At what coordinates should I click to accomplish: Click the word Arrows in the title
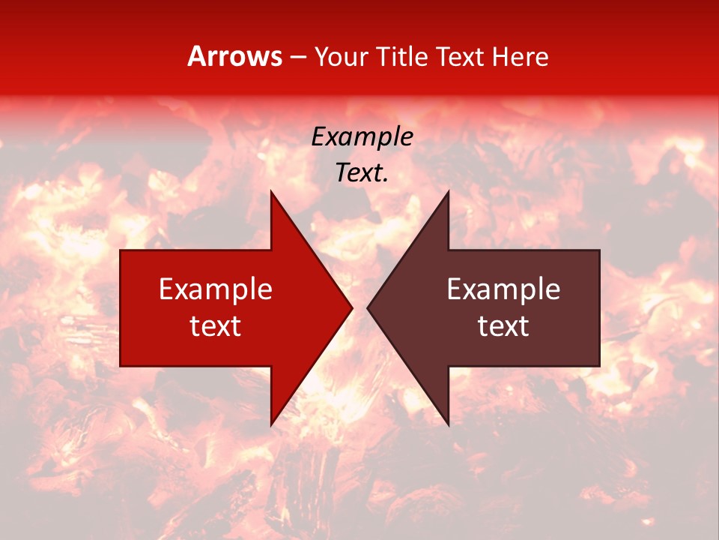tap(234, 56)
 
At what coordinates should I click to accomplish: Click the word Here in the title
tap(520, 56)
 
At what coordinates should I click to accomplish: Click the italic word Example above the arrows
tap(362, 137)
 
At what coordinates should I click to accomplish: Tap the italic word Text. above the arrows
tap(362, 173)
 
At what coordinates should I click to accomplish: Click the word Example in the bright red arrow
tap(216, 289)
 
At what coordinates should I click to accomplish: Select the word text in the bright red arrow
tap(216, 326)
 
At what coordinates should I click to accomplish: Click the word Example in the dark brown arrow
tap(503, 289)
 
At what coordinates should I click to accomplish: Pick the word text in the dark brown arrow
tap(503, 326)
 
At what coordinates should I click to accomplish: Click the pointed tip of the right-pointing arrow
tap(351, 307)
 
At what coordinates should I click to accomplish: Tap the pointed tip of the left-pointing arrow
tap(368, 307)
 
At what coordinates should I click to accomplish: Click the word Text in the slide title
tap(461, 56)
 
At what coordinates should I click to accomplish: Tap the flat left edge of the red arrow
tap(121, 307)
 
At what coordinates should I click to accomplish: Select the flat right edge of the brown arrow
tap(599, 307)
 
